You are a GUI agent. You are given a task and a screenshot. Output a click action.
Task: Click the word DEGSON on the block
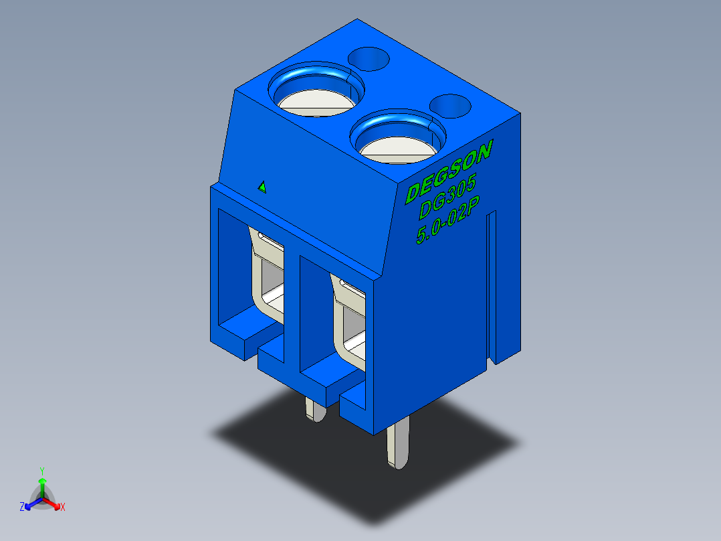(449, 171)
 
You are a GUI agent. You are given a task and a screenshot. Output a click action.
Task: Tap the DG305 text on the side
(447, 196)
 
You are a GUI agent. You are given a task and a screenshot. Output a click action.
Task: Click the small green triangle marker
(262, 187)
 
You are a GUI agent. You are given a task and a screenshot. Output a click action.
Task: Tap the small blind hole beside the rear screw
(369, 59)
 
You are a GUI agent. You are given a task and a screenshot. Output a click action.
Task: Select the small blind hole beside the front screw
(451, 106)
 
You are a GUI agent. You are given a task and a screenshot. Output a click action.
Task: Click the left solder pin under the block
(316, 410)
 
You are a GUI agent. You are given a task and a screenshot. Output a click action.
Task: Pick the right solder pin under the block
(398, 444)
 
